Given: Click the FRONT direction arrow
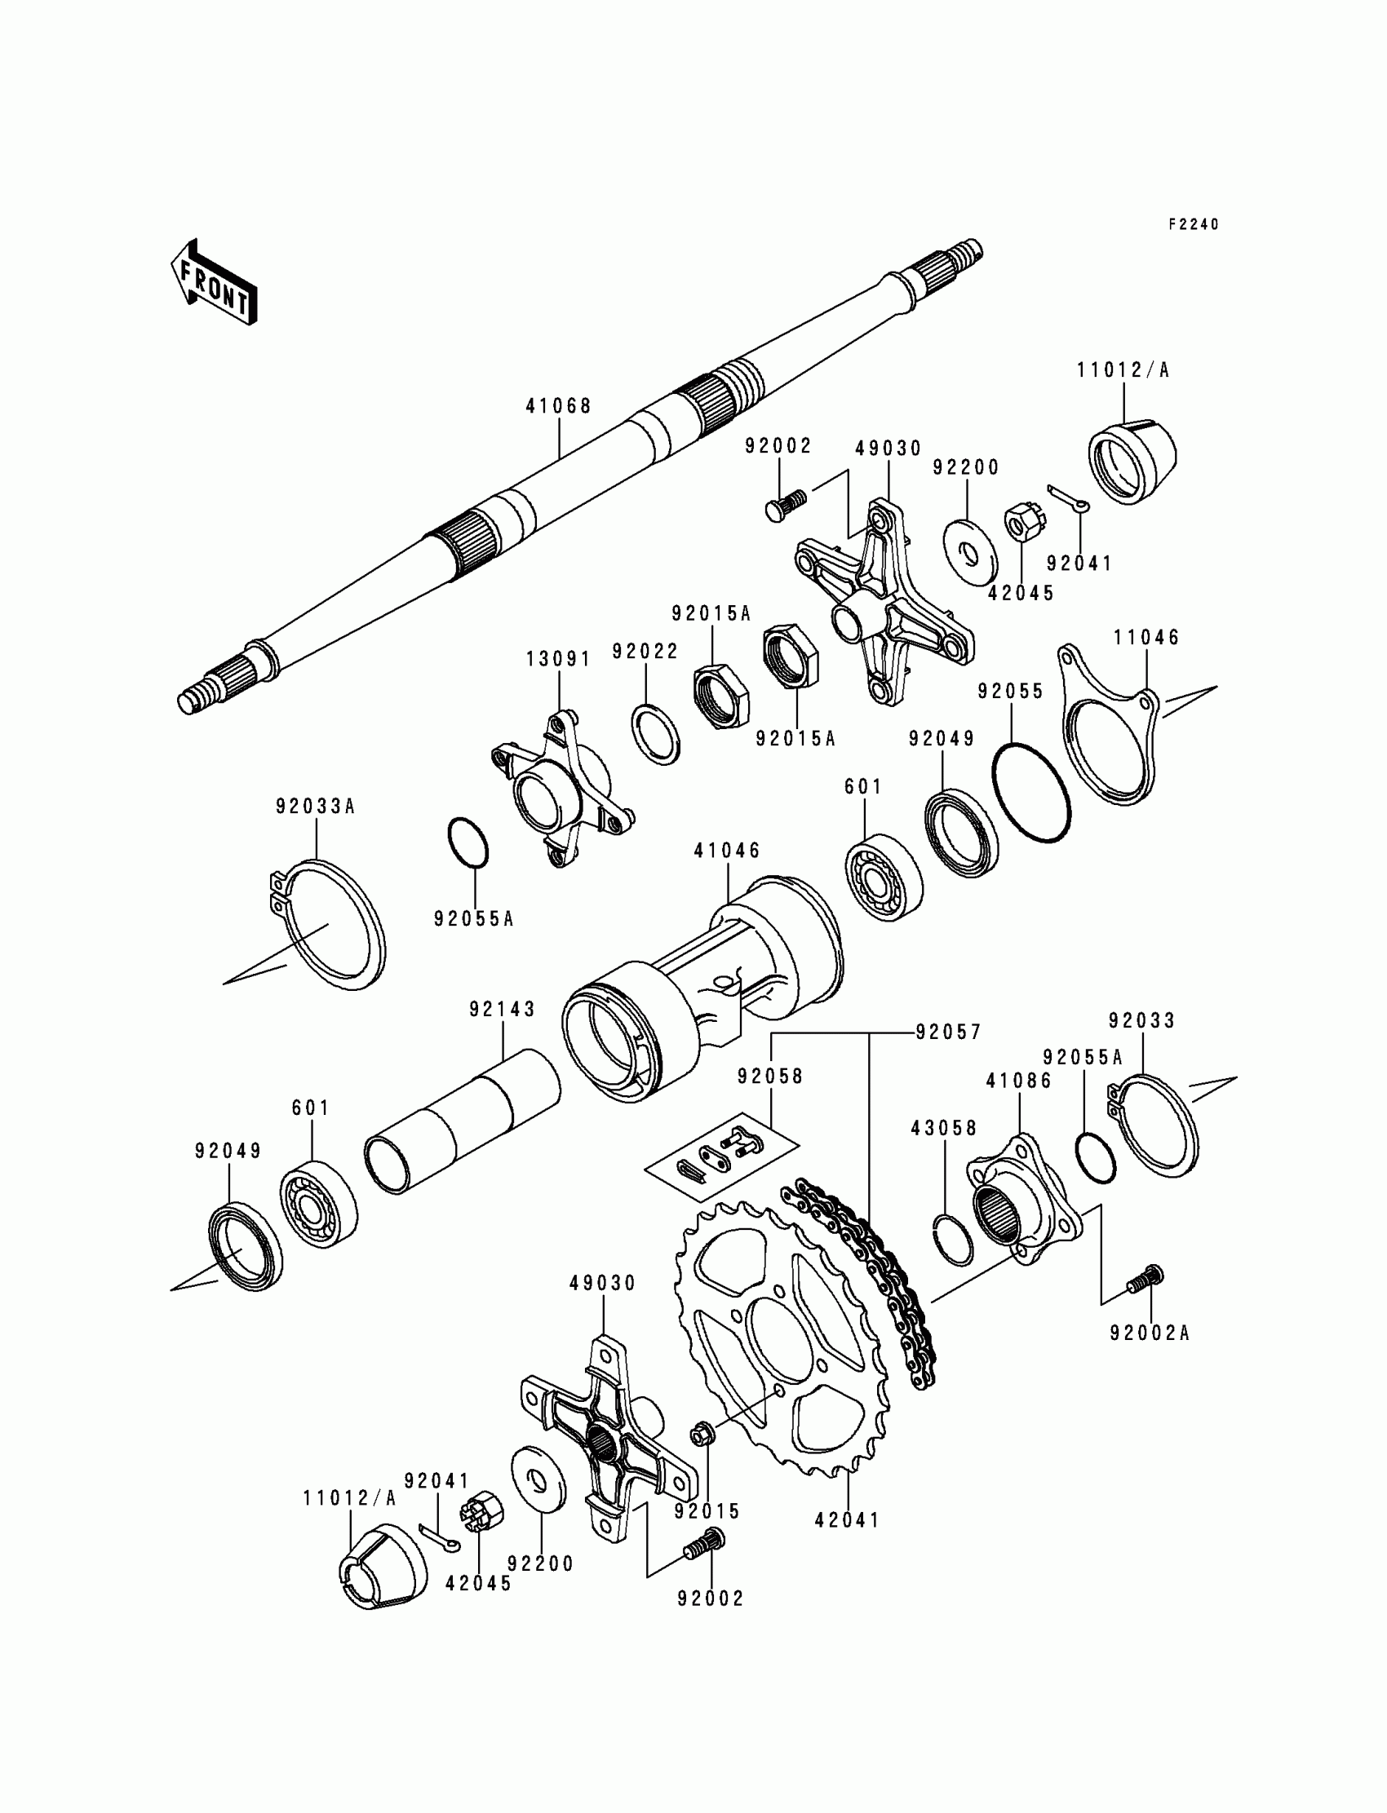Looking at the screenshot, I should [213, 282].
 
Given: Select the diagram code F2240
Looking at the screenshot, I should [1193, 224].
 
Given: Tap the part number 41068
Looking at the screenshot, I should [559, 406].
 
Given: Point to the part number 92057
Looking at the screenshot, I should [948, 1032].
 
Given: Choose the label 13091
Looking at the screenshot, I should [559, 659].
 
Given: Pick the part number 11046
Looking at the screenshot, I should [1147, 637].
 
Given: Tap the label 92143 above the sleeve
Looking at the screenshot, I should [503, 1008].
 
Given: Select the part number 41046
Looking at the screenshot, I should [726, 850].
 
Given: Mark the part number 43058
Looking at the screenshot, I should [944, 1128].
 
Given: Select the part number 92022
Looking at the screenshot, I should [645, 651].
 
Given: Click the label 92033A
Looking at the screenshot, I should [316, 807].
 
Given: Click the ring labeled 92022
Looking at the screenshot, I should [656, 733].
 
